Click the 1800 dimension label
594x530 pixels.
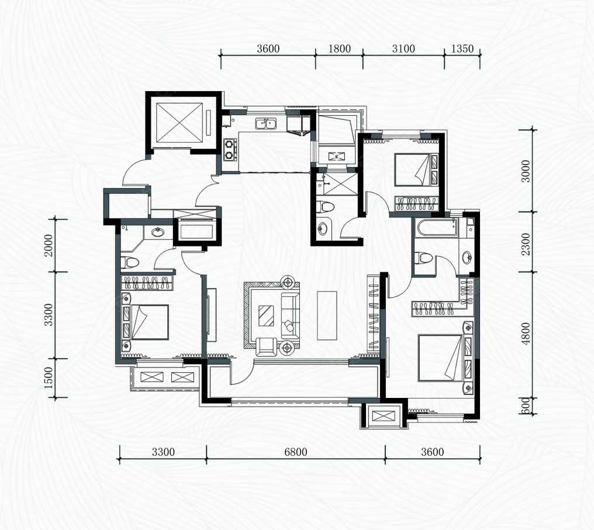(x=339, y=49)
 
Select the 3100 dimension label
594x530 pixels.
(x=403, y=49)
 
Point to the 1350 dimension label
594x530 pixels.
(x=462, y=49)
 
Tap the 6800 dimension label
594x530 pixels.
(x=295, y=452)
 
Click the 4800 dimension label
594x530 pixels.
(x=526, y=334)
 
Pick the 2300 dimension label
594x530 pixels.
(x=526, y=244)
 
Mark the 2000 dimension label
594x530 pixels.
(x=49, y=245)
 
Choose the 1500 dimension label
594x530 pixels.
(x=49, y=378)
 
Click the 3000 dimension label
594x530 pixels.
(x=526, y=171)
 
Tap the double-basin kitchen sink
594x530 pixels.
(x=265, y=123)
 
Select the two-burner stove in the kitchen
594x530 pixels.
(x=230, y=149)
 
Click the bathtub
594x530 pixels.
(x=436, y=228)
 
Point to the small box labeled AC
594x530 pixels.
(x=336, y=155)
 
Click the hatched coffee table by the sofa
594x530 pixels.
(x=267, y=316)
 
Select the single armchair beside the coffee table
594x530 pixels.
(x=267, y=347)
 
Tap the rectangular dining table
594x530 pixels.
(x=327, y=316)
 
